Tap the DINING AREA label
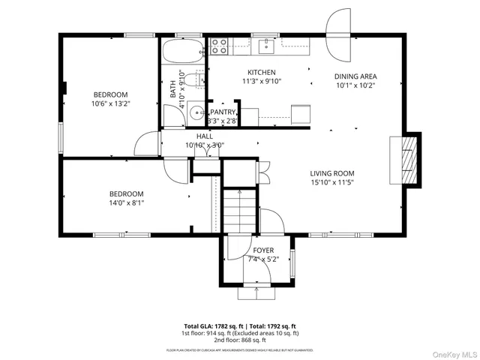[x=355, y=76]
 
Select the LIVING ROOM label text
[x=332, y=172]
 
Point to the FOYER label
[x=262, y=250]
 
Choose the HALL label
[x=204, y=136]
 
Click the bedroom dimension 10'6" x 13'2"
[x=109, y=104]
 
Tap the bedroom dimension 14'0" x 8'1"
[x=125, y=202]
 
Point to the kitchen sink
[x=264, y=46]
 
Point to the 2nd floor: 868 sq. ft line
[x=240, y=339]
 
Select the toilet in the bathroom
[x=196, y=80]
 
